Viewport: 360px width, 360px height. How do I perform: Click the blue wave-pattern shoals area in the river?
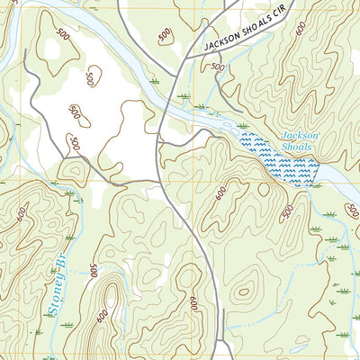279,159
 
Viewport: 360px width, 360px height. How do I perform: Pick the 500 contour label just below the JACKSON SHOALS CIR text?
215,67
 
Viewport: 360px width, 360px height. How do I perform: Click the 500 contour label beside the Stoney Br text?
93,271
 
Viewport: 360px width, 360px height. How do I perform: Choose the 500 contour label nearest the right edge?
287,211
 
